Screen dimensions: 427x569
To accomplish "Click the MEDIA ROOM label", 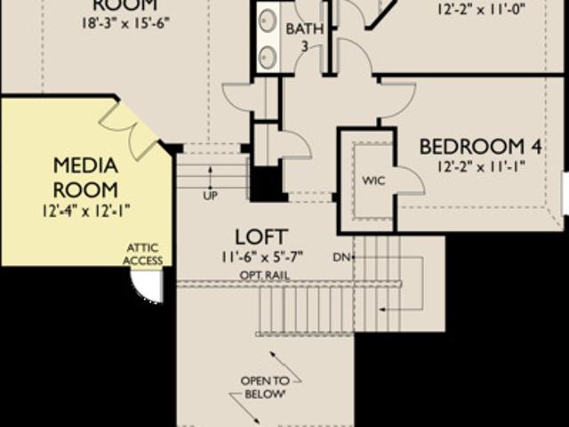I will [x=85, y=177].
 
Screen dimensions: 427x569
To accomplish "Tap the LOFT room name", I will [x=260, y=237].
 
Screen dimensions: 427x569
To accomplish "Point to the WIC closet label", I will [x=373, y=180].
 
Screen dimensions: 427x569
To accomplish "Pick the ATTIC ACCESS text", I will [x=144, y=254].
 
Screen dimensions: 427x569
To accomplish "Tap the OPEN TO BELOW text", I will [x=265, y=387].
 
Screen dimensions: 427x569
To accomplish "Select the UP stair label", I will [x=210, y=195].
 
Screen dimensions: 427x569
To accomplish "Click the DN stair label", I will [x=341, y=257].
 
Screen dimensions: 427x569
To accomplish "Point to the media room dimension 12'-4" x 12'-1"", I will [x=86, y=211].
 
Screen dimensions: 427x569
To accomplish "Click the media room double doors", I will [x=130, y=127].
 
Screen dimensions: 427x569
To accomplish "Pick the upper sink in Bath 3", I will [x=268, y=20].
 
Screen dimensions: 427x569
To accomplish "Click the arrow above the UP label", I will [x=210, y=174].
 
